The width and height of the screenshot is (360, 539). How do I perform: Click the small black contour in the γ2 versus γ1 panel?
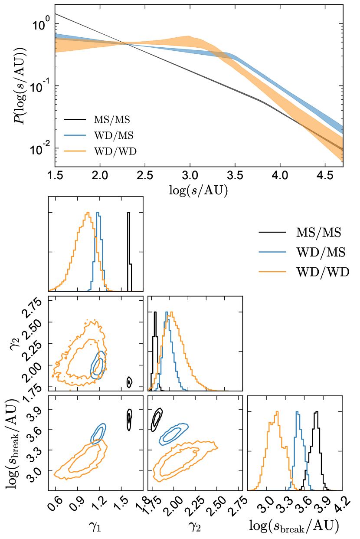(x=129, y=381)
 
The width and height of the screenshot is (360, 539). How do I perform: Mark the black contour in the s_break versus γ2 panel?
(x=157, y=419)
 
